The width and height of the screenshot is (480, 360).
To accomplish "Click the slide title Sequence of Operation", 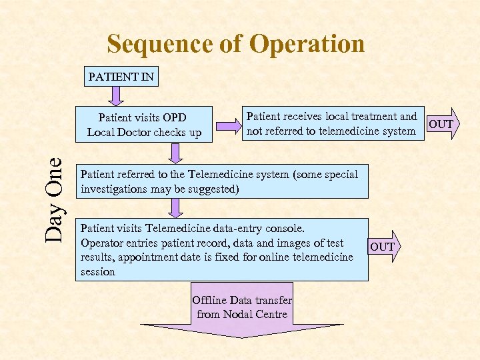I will [236, 44].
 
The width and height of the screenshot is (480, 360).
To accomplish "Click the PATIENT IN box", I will [121, 77].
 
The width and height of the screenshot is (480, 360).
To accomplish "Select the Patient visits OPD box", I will [144, 124].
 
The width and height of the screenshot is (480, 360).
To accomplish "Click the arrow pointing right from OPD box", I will [227, 125].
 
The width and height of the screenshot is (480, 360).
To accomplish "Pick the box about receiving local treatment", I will [331, 124].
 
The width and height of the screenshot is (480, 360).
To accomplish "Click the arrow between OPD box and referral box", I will [175, 153].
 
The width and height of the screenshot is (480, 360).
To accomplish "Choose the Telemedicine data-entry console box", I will [221, 249].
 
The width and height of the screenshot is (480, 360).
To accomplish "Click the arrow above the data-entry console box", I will [175, 209].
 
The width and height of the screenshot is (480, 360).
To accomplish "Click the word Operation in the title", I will [307, 44].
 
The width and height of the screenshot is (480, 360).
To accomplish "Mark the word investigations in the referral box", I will [115, 189].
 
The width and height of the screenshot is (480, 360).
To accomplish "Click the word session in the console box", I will [98, 271].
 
